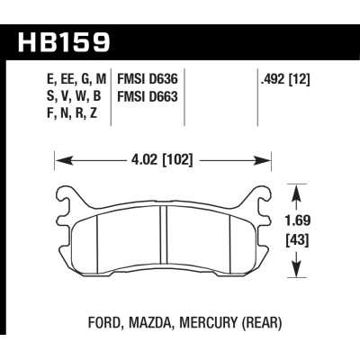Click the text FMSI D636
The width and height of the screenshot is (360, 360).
click(x=146, y=78)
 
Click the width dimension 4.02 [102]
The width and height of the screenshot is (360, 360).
click(x=166, y=162)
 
